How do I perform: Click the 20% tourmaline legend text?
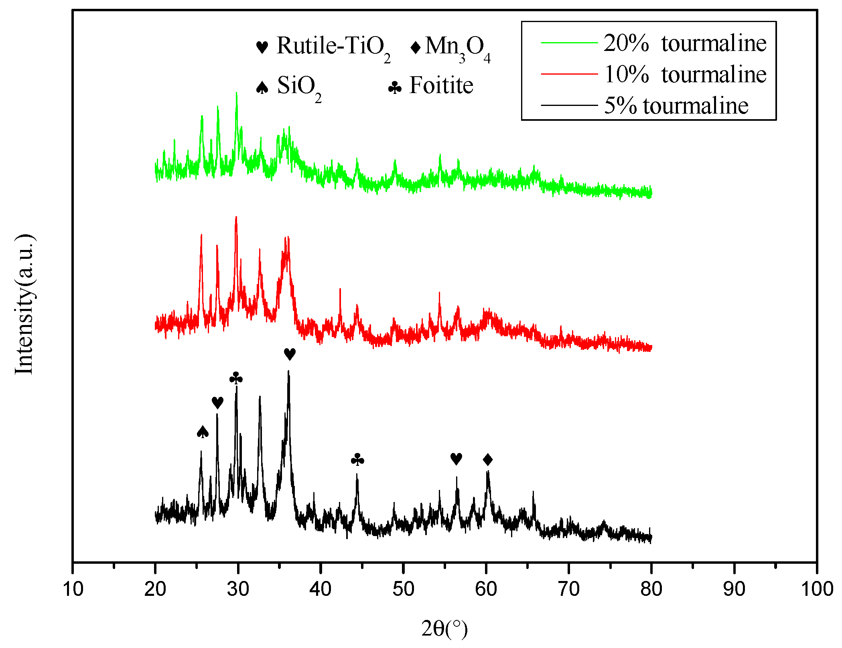click(x=685, y=43)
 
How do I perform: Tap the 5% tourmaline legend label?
click(x=676, y=106)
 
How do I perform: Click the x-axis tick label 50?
click(x=403, y=589)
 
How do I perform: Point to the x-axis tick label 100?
click(x=817, y=589)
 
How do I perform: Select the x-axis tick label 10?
click(x=73, y=589)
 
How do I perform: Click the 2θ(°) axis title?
click(x=444, y=628)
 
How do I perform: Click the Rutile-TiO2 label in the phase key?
click(x=333, y=46)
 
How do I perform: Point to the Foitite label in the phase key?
click(x=441, y=85)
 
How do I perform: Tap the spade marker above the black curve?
click(x=203, y=432)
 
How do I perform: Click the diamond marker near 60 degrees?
click(x=487, y=459)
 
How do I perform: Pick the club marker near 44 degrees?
click(x=357, y=460)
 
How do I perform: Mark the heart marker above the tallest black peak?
click(x=290, y=354)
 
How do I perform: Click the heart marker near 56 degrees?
click(x=456, y=459)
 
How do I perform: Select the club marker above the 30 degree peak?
click(x=236, y=378)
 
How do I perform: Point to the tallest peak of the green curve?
click(x=237, y=93)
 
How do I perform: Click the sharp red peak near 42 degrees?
click(x=340, y=289)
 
